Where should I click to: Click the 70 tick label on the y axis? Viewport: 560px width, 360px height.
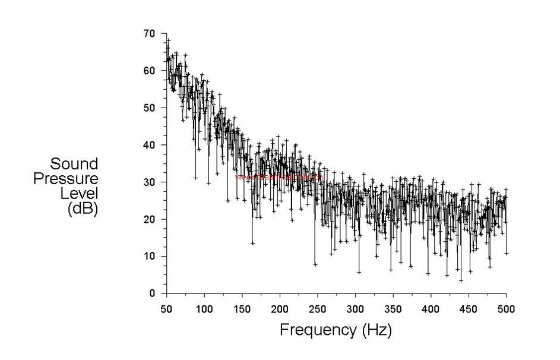150,33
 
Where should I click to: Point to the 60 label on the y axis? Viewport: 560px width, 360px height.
150,71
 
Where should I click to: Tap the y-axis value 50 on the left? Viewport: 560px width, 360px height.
150,108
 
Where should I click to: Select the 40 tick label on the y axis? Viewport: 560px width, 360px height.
150,145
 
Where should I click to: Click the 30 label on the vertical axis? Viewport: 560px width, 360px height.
150,182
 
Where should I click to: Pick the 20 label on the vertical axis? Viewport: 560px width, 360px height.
150,219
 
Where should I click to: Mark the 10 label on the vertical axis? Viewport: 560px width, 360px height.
150,256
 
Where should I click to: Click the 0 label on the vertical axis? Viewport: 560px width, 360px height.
153,293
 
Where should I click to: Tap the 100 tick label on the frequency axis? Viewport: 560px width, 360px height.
204,309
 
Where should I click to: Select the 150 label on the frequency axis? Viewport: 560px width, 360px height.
242,309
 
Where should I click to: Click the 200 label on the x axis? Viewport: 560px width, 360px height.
280,309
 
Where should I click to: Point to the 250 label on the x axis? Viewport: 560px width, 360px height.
318,309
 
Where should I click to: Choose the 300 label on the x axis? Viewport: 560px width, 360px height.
355,309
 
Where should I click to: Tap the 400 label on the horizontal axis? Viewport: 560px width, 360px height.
431,309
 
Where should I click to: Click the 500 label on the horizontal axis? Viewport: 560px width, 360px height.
507,309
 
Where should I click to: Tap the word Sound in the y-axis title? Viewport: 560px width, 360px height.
74,164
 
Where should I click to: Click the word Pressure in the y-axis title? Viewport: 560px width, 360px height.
66,178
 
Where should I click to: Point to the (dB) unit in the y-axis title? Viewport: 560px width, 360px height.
83,208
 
